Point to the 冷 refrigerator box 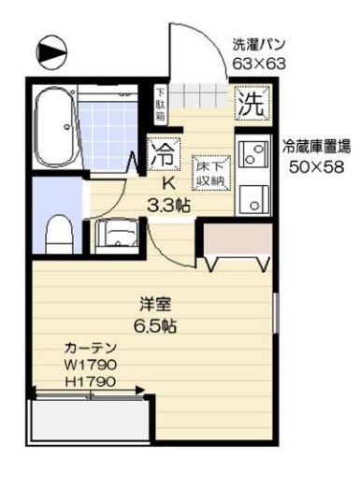tap(164, 151)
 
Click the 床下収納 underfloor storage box tap(206, 168)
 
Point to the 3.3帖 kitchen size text tap(169, 204)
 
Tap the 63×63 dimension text tap(259, 64)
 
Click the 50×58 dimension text tap(317, 166)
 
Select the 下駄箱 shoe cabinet tap(160, 104)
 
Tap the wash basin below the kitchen tap(118, 235)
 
